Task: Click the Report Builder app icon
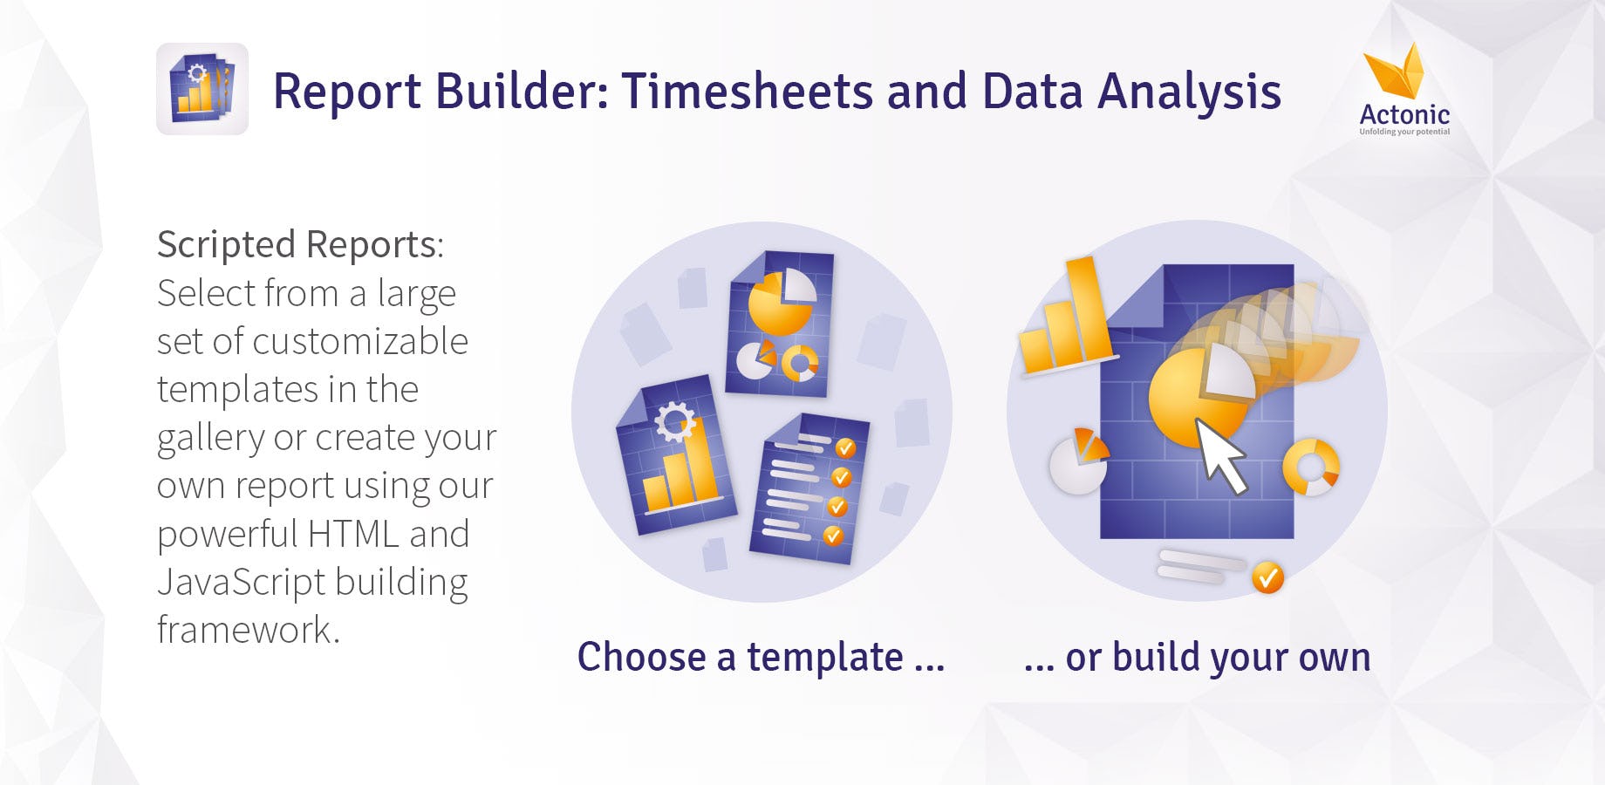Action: coord(202,89)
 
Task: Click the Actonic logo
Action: coord(1404,90)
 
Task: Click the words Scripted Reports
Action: coord(300,245)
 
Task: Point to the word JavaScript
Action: coord(239,582)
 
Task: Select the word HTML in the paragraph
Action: coord(353,534)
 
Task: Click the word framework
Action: coord(248,630)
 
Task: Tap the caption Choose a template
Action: coord(761,657)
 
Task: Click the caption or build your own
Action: coord(1197,658)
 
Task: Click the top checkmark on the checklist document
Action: coord(845,448)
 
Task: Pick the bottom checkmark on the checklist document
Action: coord(833,535)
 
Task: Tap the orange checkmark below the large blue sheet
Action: coord(1267,577)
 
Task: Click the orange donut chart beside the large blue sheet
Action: coord(1310,467)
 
